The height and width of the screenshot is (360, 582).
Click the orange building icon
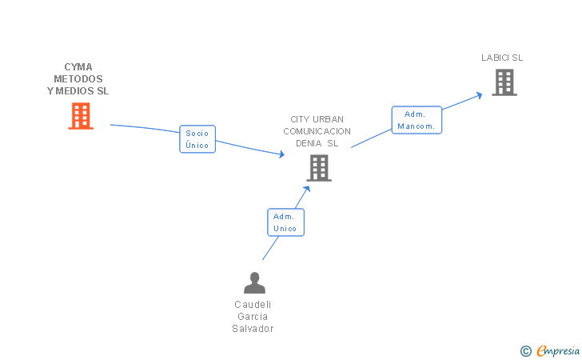click(81, 116)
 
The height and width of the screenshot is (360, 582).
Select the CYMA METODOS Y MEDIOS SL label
click(78, 79)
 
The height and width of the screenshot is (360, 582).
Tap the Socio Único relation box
click(197, 139)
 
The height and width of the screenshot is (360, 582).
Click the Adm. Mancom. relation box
click(417, 120)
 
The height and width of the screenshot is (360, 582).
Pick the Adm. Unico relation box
click(285, 222)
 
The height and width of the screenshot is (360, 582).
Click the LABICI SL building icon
click(504, 82)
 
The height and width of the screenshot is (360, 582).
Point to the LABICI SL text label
click(502, 58)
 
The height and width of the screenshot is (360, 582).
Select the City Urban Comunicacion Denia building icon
click(319, 168)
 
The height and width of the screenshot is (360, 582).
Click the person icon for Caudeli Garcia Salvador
click(254, 283)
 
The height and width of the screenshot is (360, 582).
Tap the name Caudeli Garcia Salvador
click(253, 316)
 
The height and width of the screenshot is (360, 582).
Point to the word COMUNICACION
click(317, 131)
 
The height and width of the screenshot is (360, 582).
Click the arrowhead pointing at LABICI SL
click(479, 94)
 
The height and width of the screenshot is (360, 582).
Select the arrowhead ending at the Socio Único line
click(281, 154)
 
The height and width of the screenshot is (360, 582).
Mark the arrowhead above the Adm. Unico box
click(307, 189)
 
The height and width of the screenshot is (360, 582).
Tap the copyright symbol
click(525, 350)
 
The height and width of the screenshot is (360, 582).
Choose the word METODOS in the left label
click(78, 79)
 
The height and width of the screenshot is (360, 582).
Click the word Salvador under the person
click(253, 328)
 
